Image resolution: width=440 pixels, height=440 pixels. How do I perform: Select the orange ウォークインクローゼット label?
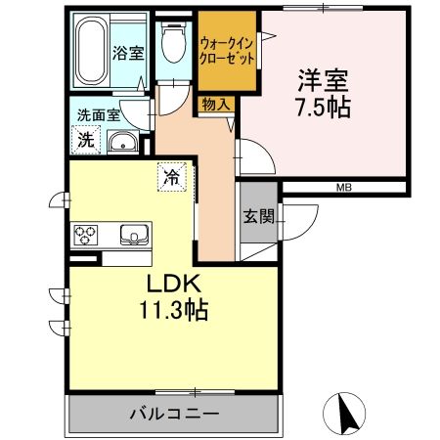(x=228, y=50)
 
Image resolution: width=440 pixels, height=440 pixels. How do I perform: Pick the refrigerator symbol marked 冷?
(x=171, y=178)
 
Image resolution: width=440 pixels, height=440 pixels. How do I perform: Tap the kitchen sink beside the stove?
(x=133, y=234)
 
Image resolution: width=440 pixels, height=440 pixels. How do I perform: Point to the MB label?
(x=344, y=187)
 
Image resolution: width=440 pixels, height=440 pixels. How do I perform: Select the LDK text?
(x=171, y=285)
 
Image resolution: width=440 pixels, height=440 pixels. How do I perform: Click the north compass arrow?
(x=344, y=413)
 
